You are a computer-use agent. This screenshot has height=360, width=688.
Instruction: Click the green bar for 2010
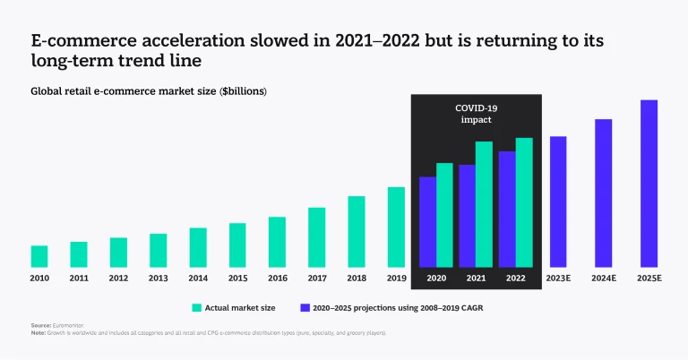[39, 256]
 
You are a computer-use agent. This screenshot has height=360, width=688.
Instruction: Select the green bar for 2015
[236, 245]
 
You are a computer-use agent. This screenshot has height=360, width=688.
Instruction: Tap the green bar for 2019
[396, 227]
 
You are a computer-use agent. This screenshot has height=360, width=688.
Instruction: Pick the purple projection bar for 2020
[427, 222]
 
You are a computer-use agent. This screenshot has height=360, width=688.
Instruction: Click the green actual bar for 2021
[484, 204]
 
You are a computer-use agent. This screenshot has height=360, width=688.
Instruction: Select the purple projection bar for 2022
[507, 209]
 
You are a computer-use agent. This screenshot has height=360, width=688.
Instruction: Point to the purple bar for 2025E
[649, 184]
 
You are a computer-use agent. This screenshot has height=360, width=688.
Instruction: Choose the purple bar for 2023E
[557, 201]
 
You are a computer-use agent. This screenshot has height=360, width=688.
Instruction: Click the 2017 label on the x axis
[316, 279]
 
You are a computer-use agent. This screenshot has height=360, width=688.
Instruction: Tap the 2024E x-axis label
[603, 279]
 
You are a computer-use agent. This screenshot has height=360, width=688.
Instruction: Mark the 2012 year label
[118, 279]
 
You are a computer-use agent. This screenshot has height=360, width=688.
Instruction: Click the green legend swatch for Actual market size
[196, 307]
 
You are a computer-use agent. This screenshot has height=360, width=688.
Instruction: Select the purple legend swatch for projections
[305, 307]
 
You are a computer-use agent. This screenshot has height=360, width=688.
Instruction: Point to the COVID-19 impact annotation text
[476, 114]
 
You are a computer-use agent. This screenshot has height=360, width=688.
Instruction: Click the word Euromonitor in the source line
[69, 325]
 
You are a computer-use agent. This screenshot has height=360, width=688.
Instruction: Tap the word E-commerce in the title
[74, 41]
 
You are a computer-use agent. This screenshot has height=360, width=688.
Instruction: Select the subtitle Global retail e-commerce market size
[149, 91]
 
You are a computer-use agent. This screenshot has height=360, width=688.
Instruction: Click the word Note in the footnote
[39, 332]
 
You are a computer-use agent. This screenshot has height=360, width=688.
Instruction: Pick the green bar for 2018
[357, 231]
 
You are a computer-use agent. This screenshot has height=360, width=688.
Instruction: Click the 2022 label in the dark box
[515, 279]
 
